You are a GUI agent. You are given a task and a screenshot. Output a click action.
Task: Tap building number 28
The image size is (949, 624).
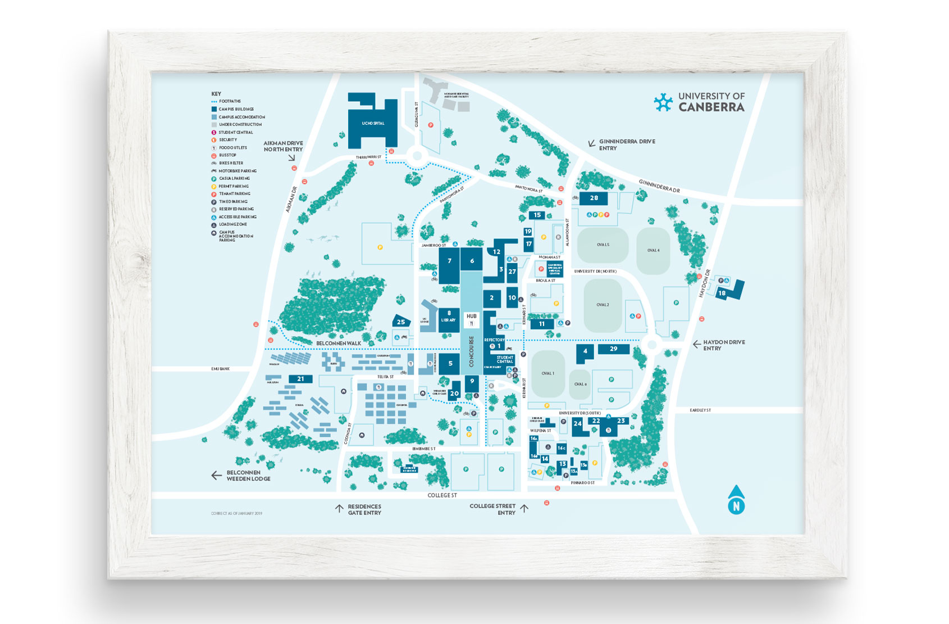coord(594,198)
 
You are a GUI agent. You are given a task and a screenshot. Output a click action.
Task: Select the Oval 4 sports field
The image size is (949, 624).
coord(653,250)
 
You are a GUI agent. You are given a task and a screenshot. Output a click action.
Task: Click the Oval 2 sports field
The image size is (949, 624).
coord(603,305)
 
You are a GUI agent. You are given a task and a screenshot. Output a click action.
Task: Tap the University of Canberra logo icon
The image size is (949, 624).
coord(663,102)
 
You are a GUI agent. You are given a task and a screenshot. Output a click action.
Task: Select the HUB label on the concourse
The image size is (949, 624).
coord(472,316)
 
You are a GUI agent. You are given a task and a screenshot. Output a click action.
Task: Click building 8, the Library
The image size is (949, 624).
coord(449,317)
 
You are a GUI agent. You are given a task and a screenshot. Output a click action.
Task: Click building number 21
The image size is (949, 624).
coord(300,379)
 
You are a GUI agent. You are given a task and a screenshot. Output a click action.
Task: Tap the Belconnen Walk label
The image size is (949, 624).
coord(339,343)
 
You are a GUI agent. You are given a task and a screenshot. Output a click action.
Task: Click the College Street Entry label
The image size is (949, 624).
coord(492,509)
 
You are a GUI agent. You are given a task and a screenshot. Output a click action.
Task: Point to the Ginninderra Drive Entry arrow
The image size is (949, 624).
coord(591,144)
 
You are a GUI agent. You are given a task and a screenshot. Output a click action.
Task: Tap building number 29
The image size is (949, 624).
coord(613,349)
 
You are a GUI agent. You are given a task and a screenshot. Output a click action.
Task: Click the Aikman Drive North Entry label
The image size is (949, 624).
coord(283,146)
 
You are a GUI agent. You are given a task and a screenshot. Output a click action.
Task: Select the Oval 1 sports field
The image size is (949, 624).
coord(548,373)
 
